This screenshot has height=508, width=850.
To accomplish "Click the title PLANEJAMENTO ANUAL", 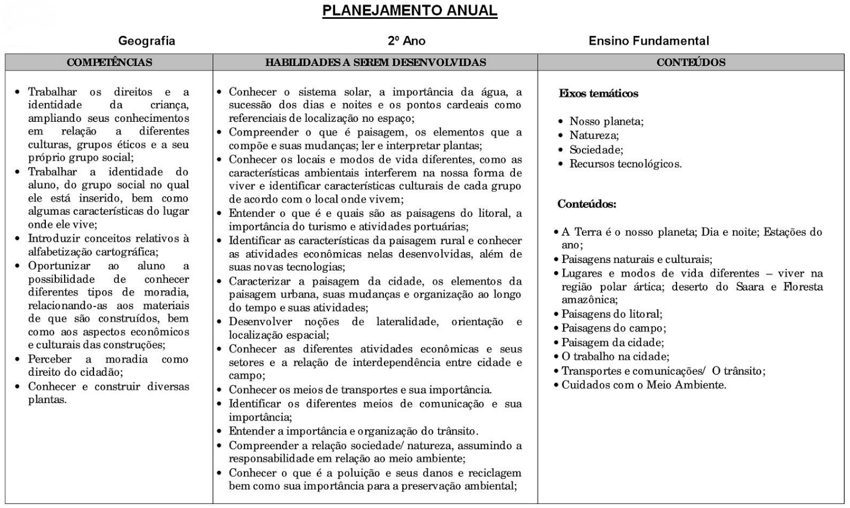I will point(410,11).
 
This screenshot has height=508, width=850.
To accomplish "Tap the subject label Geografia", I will point(146,41).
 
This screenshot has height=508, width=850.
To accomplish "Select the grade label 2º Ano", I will point(406,41).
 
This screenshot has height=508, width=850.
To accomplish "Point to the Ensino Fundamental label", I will point(648,41).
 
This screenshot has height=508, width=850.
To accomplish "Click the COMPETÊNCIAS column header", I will point(109,62).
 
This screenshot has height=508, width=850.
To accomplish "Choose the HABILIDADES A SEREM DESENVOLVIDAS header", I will point(376,62).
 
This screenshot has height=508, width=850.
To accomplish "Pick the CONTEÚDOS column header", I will point(691,62).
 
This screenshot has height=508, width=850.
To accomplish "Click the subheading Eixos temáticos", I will point(598,93).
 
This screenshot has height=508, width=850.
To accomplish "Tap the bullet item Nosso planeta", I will point(606,122).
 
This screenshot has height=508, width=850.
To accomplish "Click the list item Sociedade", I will point(596,150).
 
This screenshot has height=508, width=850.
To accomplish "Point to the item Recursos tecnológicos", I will point(625,164).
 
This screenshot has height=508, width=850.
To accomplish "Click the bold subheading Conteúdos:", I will point(587,204).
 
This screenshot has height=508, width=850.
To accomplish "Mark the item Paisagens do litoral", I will point(611,314).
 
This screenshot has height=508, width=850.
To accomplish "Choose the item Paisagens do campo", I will point(613,328).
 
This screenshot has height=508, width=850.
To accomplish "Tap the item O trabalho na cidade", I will point(615,356).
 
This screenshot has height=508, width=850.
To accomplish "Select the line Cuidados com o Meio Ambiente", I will point(644,385).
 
